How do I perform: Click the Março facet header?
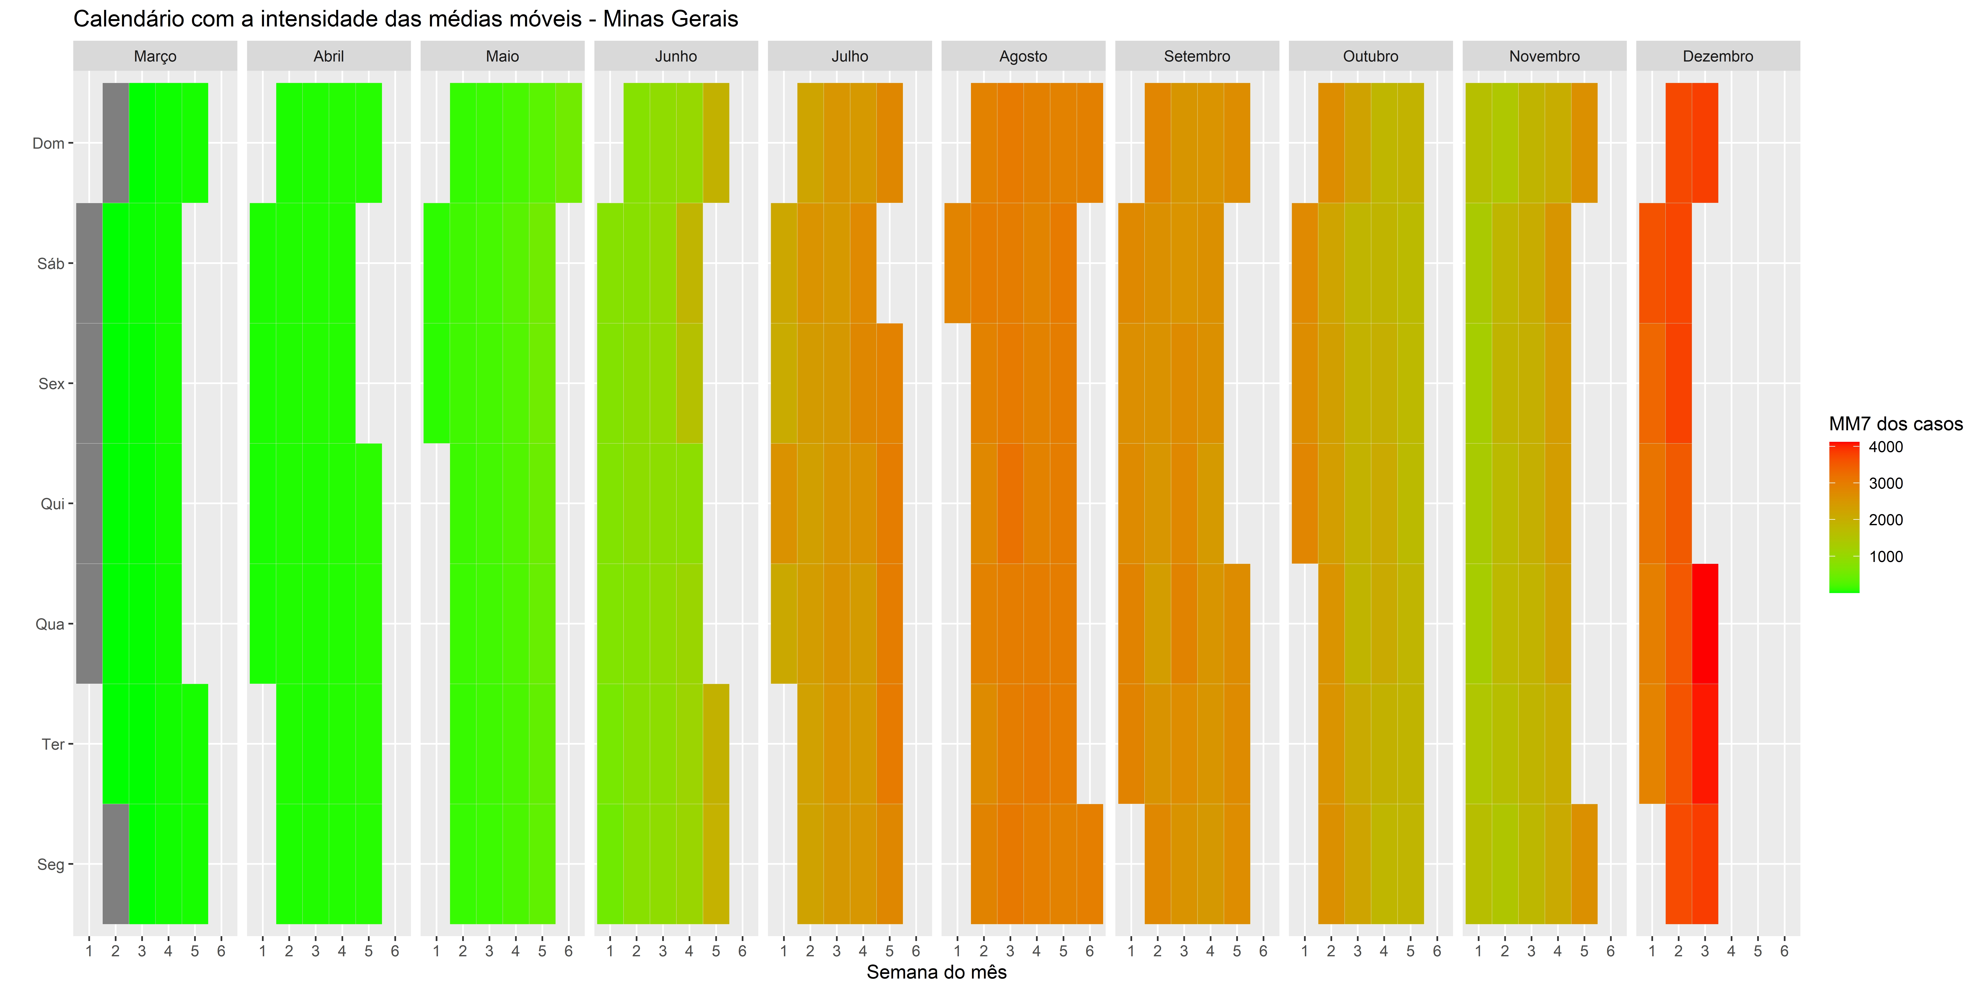155,56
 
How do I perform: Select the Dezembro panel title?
1717,56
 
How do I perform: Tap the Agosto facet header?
1023,56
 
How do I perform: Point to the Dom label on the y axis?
48,143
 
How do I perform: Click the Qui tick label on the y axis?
52,504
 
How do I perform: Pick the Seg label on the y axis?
51,864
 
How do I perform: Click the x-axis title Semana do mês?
936,972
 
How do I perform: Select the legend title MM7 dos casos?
1895,424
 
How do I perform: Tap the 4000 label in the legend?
1885,447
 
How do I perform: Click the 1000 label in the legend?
1885,557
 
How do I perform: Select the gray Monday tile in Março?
115,864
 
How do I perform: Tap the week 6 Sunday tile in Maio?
568,143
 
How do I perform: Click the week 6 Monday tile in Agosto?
1089,864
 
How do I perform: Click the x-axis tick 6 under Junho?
742,951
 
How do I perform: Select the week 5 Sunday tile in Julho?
889,143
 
